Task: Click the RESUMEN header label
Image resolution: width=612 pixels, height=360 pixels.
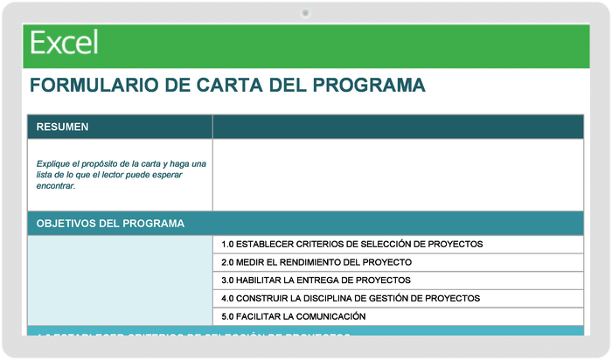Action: click(62, 127)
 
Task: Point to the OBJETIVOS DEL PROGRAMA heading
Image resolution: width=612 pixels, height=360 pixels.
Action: click(110, 223)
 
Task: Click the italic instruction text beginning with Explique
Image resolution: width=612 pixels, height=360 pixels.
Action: click(121, 174)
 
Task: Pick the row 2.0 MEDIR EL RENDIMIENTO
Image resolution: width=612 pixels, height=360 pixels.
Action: click(316, 262)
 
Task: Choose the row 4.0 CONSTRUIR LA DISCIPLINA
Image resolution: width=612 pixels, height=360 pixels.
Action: click(351, 298)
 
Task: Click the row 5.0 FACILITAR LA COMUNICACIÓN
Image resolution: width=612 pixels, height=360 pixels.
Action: click(293, 316)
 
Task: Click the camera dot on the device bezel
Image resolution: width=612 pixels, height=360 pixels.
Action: click(305, 13)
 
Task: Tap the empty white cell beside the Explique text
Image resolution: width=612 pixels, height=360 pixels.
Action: click(398, 175)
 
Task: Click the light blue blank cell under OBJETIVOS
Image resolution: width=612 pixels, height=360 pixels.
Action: click(120, 280)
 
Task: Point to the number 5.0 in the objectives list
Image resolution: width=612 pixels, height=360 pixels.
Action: click(228, 316)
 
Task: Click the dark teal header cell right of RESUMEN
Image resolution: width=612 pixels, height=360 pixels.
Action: click(398, 127)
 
